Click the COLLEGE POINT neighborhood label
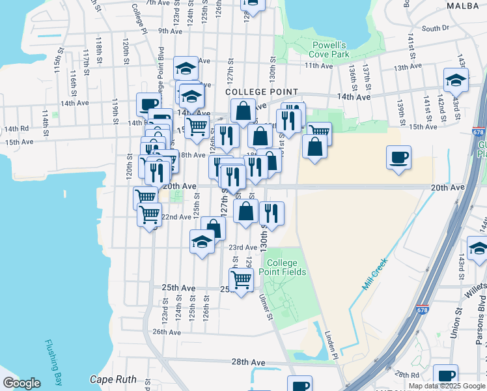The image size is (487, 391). coord(262,93)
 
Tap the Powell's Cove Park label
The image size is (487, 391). coord(329,50)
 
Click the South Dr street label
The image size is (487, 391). coord(436,28)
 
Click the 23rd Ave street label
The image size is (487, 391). coord(242,248)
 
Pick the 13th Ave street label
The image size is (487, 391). coord(408,67)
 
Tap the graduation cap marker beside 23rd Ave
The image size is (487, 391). coord(202,242)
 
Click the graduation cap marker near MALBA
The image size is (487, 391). coord(456,80)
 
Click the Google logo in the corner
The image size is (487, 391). coord(21,383)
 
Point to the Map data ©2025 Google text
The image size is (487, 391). coord(446,386)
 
